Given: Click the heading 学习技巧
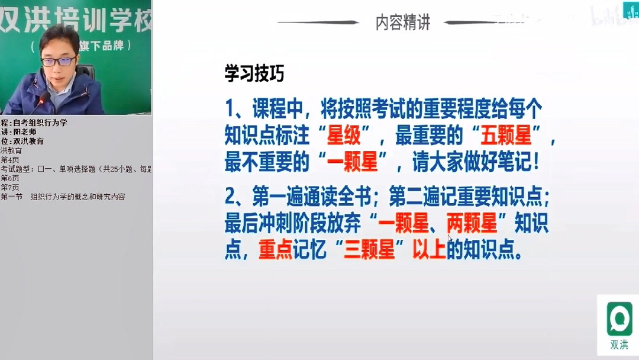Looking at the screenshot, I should tap(254, 73).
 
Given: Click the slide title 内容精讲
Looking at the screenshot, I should tap(402, 22).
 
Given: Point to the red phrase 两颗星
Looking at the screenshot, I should tap(472, 224).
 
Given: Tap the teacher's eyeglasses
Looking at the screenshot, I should tap(57, 61).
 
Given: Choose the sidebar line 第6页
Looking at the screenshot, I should tap(10, 178).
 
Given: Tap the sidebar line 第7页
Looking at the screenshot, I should tap(10, 188).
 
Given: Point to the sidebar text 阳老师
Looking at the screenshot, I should tap(25, 132).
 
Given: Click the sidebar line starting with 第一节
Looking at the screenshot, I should tap(63, 197).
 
